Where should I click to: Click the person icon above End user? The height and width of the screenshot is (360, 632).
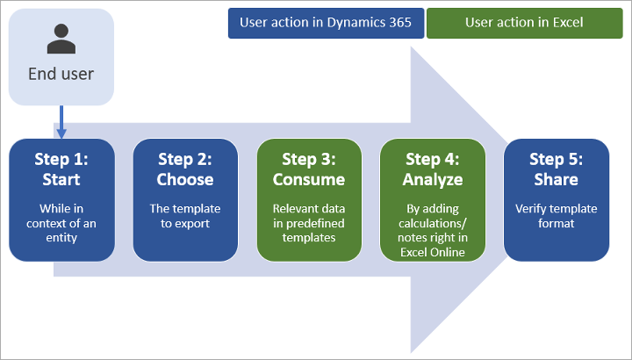coord(61,39)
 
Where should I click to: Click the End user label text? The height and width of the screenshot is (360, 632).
coord(61,73)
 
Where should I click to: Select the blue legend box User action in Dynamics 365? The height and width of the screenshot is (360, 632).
coord(326,23)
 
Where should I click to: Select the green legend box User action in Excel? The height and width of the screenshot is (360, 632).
coord(524,23)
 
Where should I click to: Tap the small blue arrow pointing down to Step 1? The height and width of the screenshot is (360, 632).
coord(61,123)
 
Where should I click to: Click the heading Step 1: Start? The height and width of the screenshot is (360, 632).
coord(61,169)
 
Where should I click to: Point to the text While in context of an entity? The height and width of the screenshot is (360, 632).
coord(61,223)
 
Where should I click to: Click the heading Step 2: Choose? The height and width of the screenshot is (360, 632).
coord(185,169)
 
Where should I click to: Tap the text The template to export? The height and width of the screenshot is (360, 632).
coord(185,216)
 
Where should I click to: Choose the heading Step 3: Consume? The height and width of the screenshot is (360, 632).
coord(308,169)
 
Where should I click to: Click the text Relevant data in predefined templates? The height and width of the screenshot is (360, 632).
coord(308,223)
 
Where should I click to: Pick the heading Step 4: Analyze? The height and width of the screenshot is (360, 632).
coord(432,169)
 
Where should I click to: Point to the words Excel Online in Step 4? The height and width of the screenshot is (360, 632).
coord(432,253)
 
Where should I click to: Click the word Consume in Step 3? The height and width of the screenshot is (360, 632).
coord(308,179)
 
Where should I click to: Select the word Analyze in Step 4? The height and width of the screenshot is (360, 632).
coord(432,179)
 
